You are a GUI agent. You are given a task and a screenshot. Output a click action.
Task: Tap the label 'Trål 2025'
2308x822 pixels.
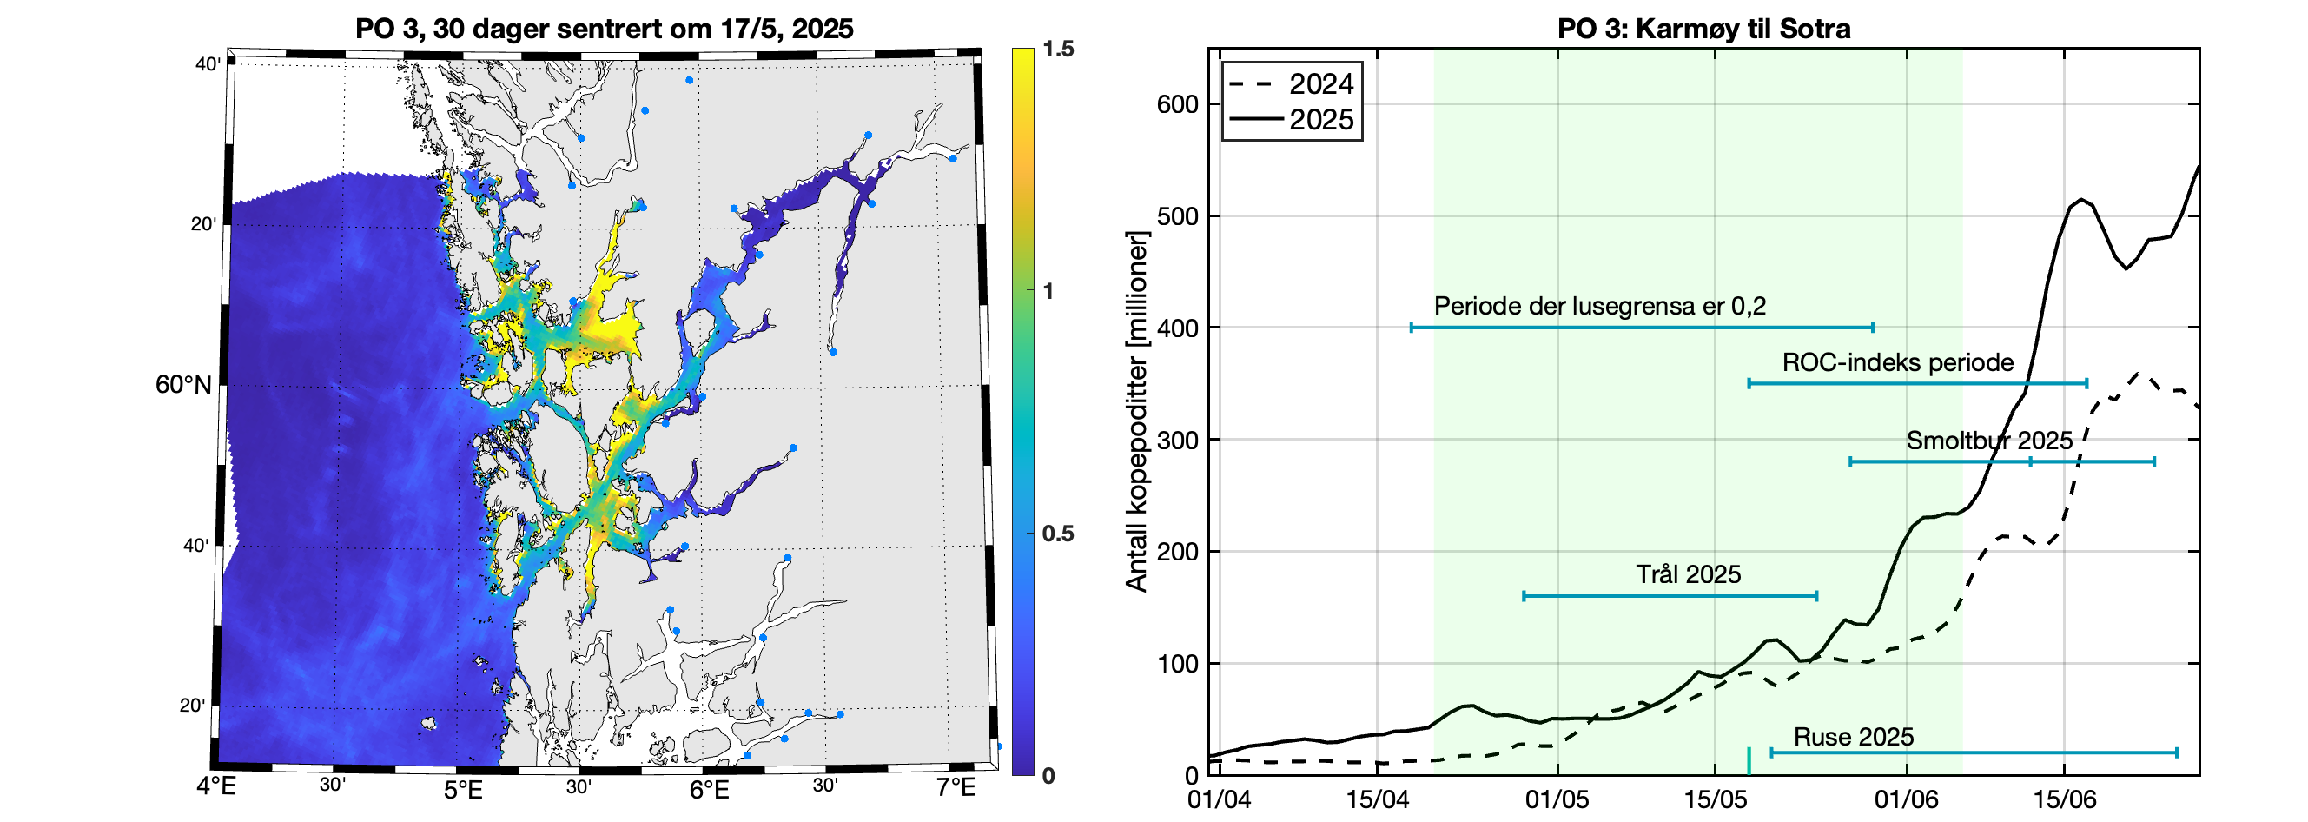1688,574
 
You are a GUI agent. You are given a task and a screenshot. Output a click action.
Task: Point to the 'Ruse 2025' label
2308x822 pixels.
1853,737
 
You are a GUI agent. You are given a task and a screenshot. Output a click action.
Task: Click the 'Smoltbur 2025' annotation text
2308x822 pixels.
1989,441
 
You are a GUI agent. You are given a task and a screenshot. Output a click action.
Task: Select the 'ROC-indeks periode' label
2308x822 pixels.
1898,362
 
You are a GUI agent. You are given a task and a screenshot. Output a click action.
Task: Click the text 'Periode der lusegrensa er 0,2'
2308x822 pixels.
1599,306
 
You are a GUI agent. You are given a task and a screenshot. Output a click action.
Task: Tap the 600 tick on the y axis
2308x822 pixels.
1176,104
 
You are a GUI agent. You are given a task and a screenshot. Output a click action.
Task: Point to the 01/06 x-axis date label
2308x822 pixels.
1906,799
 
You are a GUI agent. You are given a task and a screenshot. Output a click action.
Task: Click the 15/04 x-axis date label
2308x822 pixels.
1377,799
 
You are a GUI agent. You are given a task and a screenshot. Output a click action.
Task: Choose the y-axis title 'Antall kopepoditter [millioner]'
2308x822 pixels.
1136,412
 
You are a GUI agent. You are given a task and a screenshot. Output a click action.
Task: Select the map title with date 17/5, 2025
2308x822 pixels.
604,29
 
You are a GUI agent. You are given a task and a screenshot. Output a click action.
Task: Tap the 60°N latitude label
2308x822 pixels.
182,385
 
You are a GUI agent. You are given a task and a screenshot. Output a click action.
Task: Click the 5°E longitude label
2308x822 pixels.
463,790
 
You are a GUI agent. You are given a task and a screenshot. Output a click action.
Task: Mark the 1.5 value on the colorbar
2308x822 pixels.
1057,50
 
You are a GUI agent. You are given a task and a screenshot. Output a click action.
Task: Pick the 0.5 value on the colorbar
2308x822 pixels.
1057,534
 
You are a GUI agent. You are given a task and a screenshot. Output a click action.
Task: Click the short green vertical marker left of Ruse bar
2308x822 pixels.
1748,760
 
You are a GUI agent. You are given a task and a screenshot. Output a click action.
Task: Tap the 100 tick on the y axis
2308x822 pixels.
1176,663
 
